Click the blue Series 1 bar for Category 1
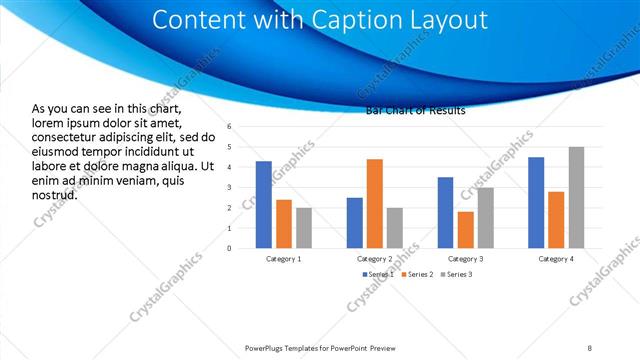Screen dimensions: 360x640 pos(264,204)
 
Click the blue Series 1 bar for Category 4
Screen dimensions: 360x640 pos(536,202)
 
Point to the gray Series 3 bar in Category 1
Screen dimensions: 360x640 pos(304,227)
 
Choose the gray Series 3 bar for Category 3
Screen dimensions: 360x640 pos(486,217)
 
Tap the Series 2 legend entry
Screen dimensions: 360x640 pos(416,274)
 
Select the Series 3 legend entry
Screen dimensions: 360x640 pos(456,274)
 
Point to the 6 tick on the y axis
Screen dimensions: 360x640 pos(229,127)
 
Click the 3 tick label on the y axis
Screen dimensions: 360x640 pos(229,188)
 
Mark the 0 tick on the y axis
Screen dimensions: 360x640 pos(229,248)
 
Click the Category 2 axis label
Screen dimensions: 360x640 pos(375,258)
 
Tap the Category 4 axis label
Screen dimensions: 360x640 pos(556,258)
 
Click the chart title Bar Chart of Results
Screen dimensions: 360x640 pos(416,110)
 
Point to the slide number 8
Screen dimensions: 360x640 pos(590,347)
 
